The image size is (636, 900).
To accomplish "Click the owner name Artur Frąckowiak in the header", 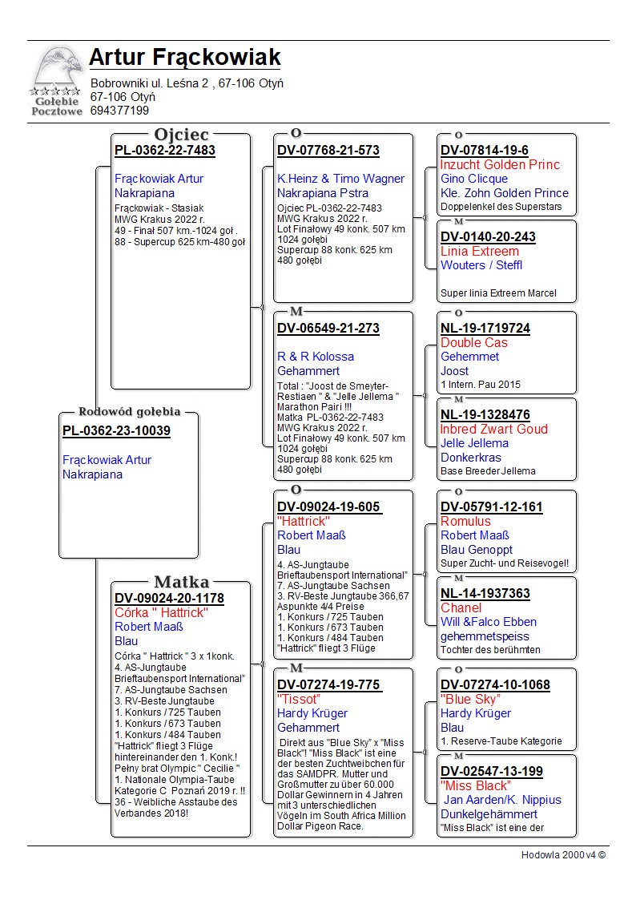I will coord(184,58).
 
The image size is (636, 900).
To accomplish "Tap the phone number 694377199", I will coord(119,111).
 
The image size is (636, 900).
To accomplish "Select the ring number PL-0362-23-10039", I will coord(116,431).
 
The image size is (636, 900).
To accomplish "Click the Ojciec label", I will coord(182,134).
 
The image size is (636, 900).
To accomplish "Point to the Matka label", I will coord(182,582).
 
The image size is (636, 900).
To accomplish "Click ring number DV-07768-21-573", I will coord(328,151).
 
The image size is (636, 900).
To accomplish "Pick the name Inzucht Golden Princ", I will coord(500,165).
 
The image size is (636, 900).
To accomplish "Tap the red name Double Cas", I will coord(474,343).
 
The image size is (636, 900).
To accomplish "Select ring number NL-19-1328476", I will coord(485,415).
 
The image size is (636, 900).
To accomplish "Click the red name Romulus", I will coord(465,522).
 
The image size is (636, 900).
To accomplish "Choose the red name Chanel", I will coord(461,608).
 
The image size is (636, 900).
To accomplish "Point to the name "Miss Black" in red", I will coord(476,786).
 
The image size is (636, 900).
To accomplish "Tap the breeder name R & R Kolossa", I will coord(316,357).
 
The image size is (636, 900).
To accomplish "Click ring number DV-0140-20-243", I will coord(488,237).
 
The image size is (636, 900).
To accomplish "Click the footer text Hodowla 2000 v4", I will coord(563,855).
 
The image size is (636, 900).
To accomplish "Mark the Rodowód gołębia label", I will coord(129,412).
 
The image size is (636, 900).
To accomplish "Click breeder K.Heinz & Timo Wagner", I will coord(340,179).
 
